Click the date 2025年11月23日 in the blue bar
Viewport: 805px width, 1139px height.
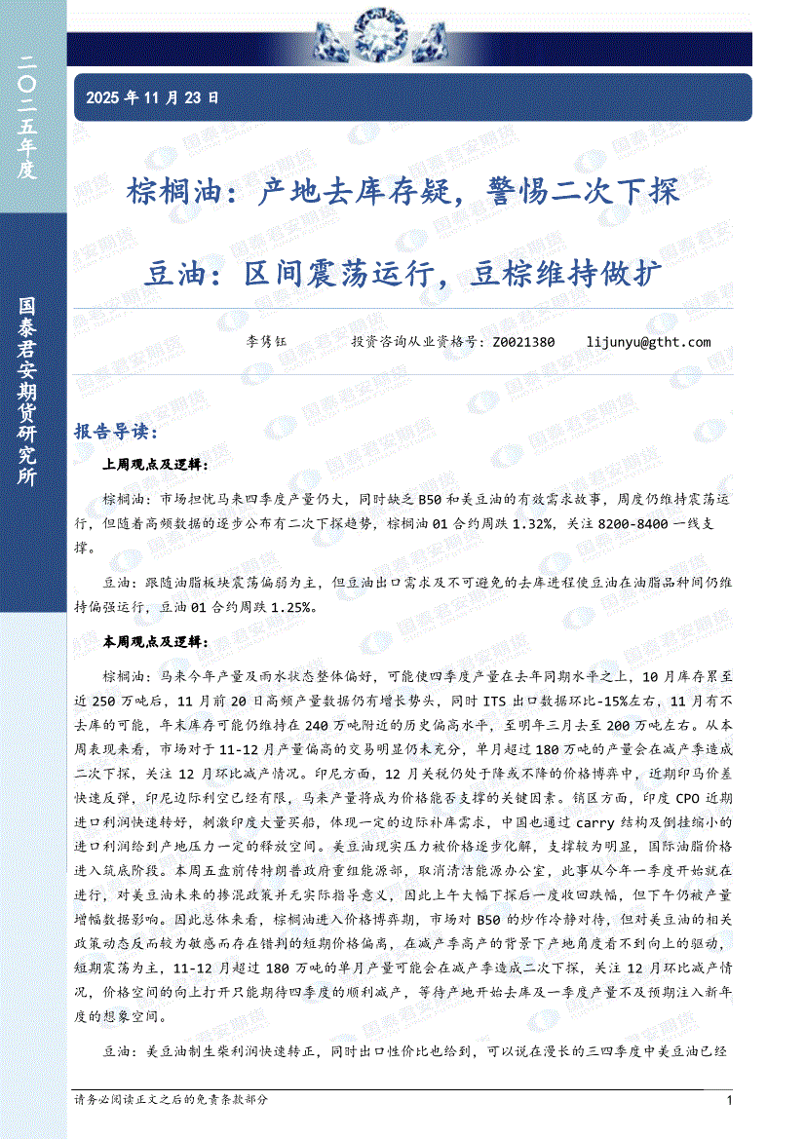152,97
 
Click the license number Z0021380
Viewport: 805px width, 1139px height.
523,342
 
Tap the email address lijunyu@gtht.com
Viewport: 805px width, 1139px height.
649,342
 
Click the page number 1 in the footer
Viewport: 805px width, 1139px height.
729,1100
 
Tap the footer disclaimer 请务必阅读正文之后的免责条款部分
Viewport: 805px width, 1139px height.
171,1099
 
